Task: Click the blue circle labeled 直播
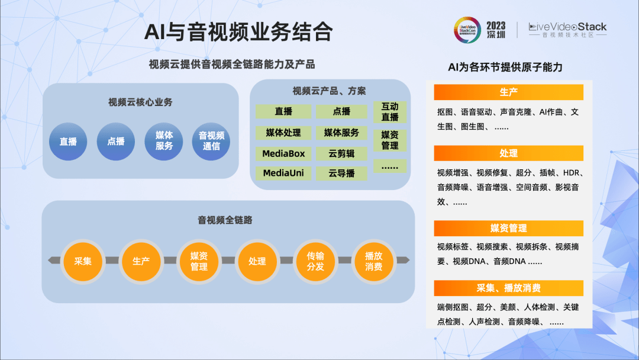click(68, 142)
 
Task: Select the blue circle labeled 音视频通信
click(211, 142)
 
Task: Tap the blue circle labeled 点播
click(116, 142)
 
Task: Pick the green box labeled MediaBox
click(283, 154)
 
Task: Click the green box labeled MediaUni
click(283, 173)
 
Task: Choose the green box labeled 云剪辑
click(341, 154)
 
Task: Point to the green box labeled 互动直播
click(390, 112)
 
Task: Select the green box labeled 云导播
click(341, 173)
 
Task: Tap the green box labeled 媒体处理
click(283, 133)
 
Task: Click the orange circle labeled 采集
click(83, 261)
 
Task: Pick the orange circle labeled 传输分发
click(315, 261)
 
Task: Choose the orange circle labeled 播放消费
click(373, 261)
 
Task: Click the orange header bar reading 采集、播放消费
click(508, 288)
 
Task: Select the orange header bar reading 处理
click(508, 153)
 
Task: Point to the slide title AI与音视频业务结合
click(238, 32)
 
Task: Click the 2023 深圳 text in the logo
click(496, 30)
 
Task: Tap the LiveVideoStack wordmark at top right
click(567, 27)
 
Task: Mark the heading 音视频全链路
click(225, 220)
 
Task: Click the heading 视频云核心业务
click(140, 102)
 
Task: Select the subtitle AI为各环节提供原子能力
click(505, 67)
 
